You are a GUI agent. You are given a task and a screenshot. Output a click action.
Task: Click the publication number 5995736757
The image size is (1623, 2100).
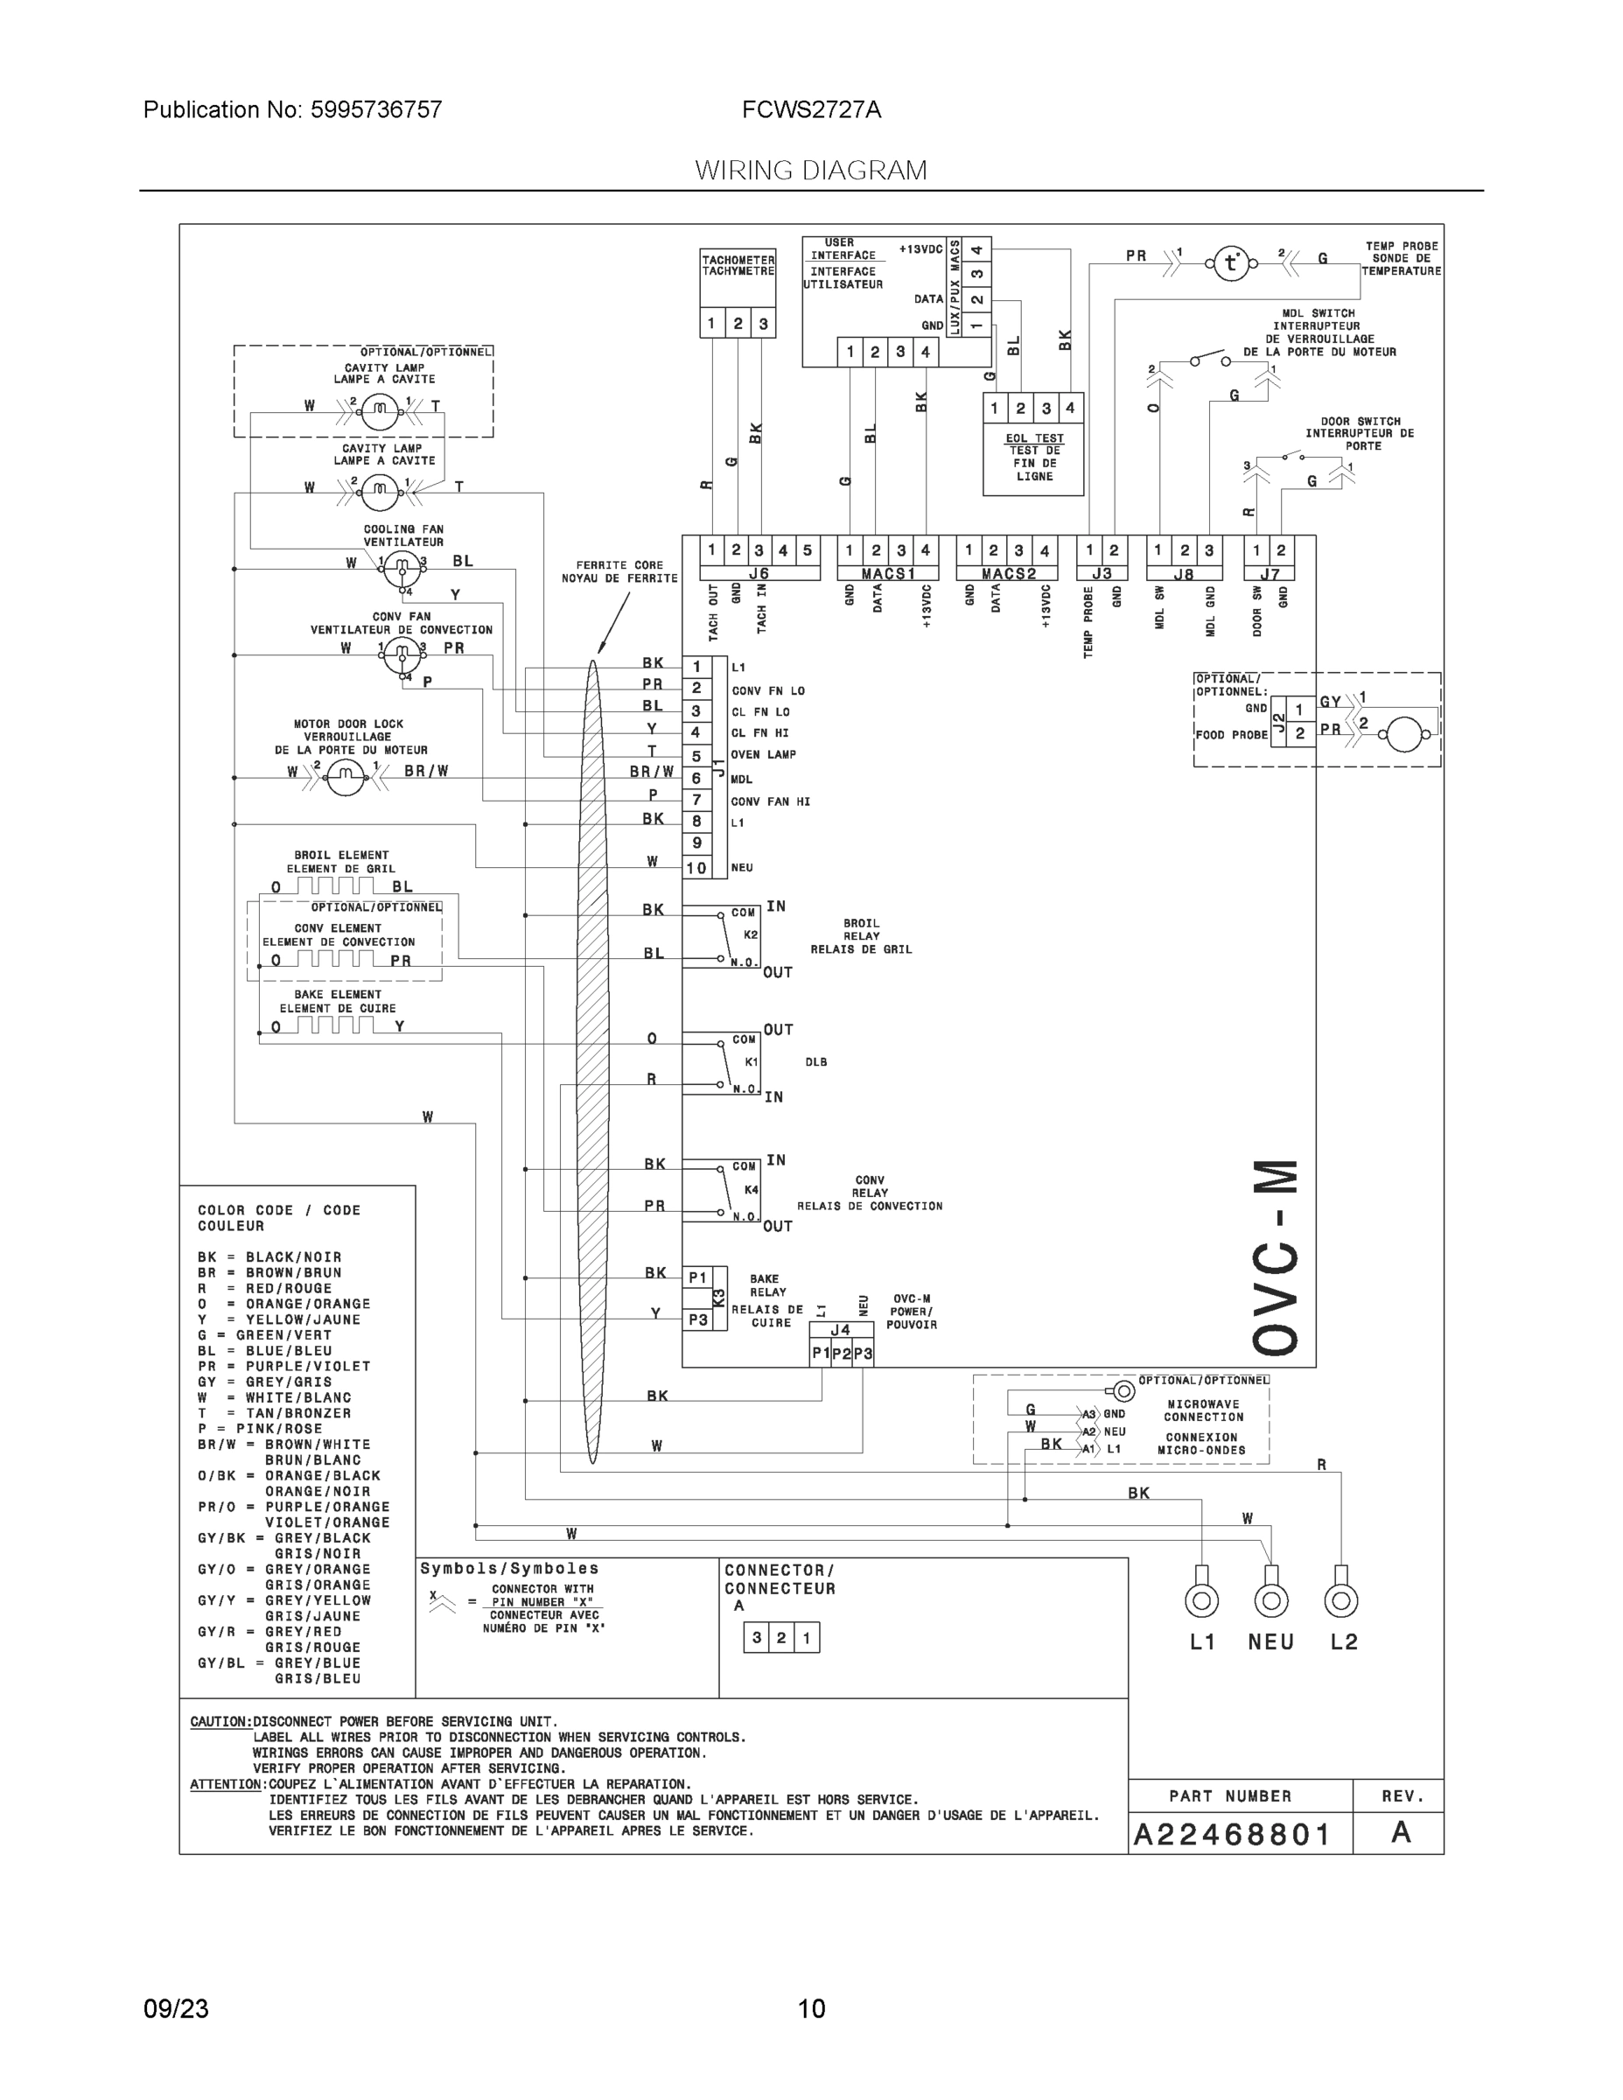pyautogui.click(x=375, y=109)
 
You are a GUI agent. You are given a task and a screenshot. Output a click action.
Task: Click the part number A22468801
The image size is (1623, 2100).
pyautogui.click(x=1231, y=1835)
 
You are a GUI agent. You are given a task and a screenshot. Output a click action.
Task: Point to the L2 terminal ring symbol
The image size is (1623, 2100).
pyautogui.click(x=1340, y=1601)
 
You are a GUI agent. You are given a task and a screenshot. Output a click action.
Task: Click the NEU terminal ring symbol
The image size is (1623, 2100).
pyautogui.click(x=1271, y=1601)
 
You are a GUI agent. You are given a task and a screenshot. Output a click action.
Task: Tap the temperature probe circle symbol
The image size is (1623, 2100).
pyautogui.click(x=1231, y=262)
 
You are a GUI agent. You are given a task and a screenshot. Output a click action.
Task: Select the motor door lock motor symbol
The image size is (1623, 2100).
pyautogui.click(x=346, y=776)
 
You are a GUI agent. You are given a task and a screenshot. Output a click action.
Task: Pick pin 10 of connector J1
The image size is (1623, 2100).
pyautogui.click(x=696, y=868)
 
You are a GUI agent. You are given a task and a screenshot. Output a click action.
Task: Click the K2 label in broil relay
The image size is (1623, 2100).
pyautogui.click(x=751, y=934)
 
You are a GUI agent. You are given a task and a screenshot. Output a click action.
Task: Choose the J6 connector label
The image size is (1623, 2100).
pyautogui.click(x=759, y=574)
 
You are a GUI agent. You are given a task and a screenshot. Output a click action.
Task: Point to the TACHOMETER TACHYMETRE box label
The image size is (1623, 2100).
pyautogui.click(x=738, y=265)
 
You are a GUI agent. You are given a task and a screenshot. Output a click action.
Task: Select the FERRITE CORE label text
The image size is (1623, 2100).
pyautogui.click(x=619, y=565)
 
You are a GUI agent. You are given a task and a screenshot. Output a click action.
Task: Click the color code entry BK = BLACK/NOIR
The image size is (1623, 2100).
pyautogui.click(x=269, y=1256)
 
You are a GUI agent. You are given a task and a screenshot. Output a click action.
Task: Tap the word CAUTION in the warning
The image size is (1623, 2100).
pyautogui.click(x=220, y=1721)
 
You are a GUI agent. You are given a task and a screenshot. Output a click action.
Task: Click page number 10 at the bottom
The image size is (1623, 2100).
pyautogui.click(x=812, y=2009)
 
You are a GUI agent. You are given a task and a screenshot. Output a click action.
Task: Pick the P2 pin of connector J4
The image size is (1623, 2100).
pyautogui.click(x=842, y=1353)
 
